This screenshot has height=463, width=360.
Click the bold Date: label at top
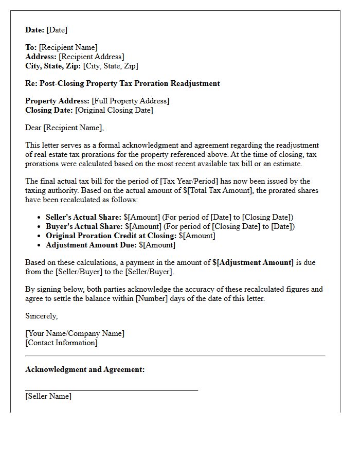35,30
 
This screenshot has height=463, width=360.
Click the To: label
31,47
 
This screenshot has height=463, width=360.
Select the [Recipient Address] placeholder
91,57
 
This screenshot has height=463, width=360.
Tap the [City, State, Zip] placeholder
111,66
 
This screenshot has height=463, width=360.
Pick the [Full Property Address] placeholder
130,101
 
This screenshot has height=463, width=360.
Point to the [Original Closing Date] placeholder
114,110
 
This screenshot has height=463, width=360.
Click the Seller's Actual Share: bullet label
83,217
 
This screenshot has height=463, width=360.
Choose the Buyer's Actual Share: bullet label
84,226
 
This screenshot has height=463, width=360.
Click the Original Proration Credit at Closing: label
111,236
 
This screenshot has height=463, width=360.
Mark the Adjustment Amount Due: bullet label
91,245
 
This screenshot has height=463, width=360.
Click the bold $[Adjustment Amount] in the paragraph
253,262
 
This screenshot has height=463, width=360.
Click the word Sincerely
42,316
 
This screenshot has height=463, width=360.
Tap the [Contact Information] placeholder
61,343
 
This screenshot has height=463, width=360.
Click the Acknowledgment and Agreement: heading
85,369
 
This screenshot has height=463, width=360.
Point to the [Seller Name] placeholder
48,396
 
